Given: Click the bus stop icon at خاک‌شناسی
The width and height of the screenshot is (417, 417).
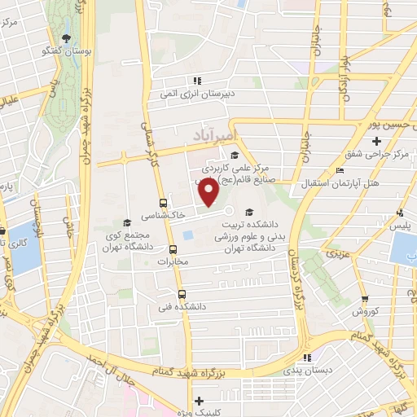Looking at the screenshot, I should tap(164, 202).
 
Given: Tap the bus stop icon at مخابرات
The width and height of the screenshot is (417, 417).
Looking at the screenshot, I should tap(173, 250).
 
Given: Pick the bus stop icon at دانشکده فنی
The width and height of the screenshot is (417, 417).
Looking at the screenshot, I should tap(181, 293).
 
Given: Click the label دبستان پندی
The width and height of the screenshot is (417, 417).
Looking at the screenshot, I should tap(307, 370).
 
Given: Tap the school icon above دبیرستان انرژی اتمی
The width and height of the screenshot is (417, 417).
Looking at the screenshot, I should tap(196, 81).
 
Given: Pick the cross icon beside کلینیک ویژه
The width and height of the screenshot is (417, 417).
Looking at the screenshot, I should tap(199, 402).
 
